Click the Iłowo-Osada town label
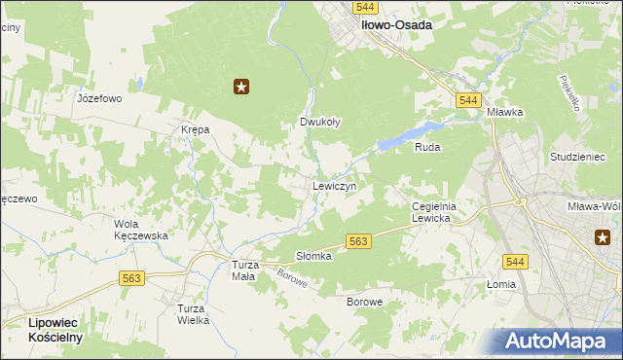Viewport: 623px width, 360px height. [x=396, y=26]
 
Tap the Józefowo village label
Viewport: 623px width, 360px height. [x=98, y=98]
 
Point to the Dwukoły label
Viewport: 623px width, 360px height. [x=319, y=123]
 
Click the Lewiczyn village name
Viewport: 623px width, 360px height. [x=334, y=185]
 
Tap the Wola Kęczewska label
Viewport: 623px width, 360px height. [x=141, y=229]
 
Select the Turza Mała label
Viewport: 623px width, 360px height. [x=242, y=270]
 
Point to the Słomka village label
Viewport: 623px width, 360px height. [x=313, y=256]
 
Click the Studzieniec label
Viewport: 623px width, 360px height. [x=577, y=157]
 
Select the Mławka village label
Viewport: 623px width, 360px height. [x=506, y=112]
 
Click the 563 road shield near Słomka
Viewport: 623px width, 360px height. [x=358, y=241]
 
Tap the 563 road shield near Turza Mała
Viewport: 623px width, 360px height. [x=133, y=278]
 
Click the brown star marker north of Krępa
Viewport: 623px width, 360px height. [x=241, y=88]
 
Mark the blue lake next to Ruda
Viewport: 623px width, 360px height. [x=409, y=136]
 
